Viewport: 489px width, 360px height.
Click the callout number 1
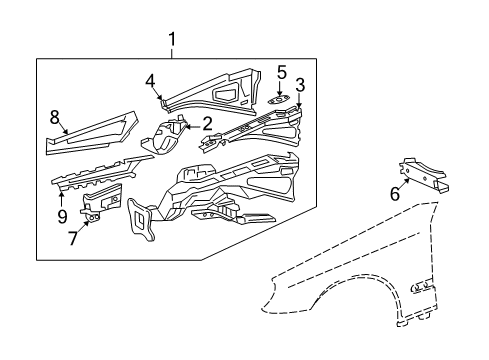[x=172, y=40]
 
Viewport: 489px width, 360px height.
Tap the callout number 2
[x=207, y=124]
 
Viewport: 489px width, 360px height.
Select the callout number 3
[x=300, y=85]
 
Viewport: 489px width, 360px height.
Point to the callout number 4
[x=150, y=81]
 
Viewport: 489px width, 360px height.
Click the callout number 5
[x=282, y=73]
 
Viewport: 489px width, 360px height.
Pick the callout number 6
[x=395, y=194]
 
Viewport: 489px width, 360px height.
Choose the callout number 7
[x=73, y=238]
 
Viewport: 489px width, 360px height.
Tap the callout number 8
[x=55, y=118]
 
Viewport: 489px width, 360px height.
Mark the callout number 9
[x=62, y=217]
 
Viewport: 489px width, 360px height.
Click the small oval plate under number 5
[x=279, y=99]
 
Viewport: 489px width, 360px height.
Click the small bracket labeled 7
[x=101, y=202]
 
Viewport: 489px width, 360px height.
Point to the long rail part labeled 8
[x=92, y=133]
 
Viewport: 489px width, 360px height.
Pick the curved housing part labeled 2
[x=164, y=135]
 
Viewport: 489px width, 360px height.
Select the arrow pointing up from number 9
[x=62, y=199]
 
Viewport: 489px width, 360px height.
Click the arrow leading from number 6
[x=404, y=184]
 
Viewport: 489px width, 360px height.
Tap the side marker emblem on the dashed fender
[x=421, y=287]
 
